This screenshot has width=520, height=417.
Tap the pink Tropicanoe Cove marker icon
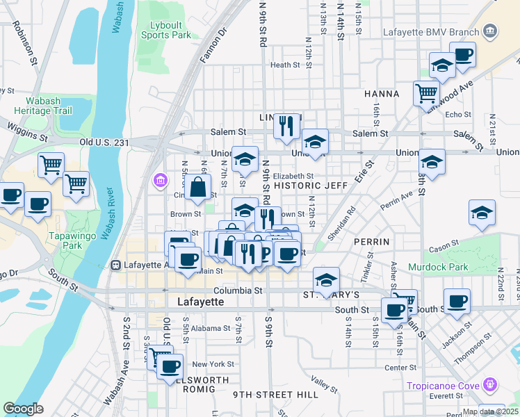[491, 384]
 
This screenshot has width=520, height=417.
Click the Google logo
[23, 409]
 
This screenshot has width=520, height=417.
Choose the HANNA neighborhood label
[380, 94]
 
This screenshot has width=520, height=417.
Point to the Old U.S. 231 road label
[104, 142]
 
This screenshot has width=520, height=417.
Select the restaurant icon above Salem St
[286, 126]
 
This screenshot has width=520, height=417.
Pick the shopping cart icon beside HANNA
[426, 92]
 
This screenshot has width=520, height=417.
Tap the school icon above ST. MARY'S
[326, 280]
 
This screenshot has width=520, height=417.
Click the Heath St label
[284, 65]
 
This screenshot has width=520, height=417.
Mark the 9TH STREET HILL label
[275, 395]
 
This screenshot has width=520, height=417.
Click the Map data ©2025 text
[490, 411]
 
